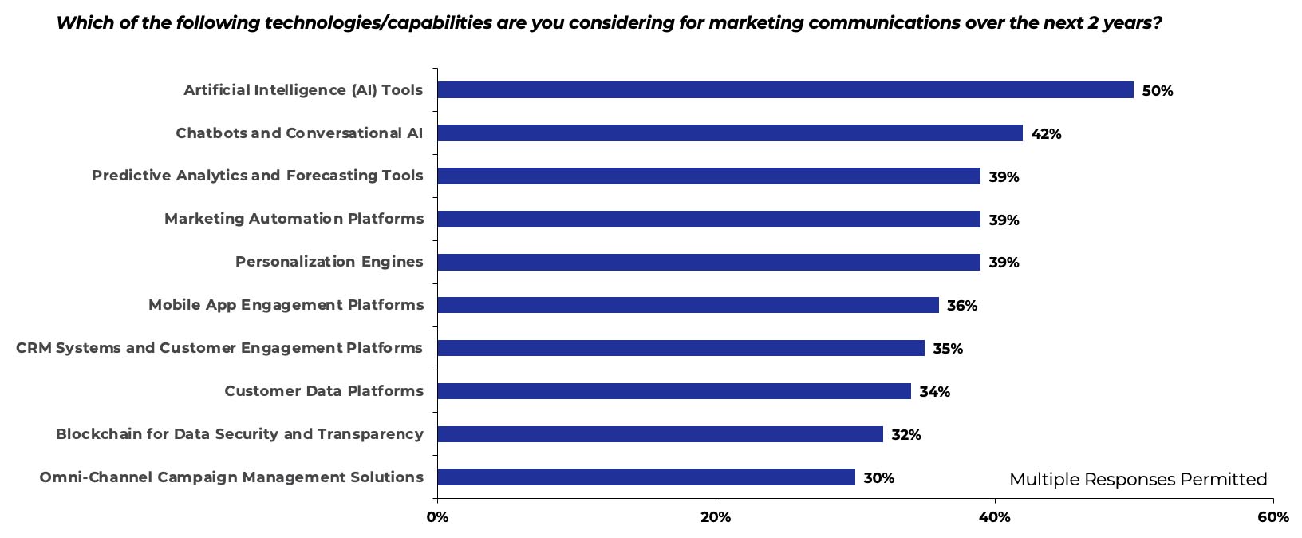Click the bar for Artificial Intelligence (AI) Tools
[x=785, y=90]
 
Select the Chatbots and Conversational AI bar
[x=730, y=133]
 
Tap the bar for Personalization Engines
[x=708, y=262]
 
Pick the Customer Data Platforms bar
[x=674, y=391]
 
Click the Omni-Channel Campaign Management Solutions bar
[x=646, y=477]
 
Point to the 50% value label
[x=1157, y=91]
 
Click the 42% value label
[x=1046, y=134]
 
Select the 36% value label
[x=961, y=306]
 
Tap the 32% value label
[x=905, y=435]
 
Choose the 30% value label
[x=878, y=478]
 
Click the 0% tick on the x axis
[x=437, y=517]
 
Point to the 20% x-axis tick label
[x=716, y=517]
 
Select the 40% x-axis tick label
[x=995, y=517]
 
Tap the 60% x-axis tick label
[x=1272, y=517]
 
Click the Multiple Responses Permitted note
[x=1138, y=479]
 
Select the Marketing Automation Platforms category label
[x=294, y=219]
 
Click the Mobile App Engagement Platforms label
[x=286, y=305]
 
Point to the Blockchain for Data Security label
[x=239, y=434]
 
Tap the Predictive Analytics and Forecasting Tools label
[x=257, y=176]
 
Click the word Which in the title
[x=79, y=22]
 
